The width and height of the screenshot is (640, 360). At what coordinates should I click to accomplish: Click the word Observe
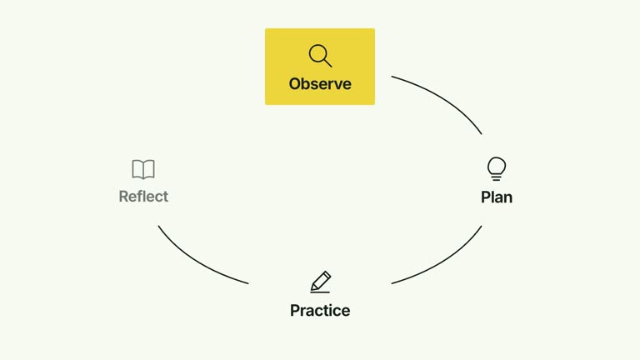click(x=320, y=83)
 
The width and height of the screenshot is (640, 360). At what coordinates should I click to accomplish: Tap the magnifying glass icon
click(x=320, y=56)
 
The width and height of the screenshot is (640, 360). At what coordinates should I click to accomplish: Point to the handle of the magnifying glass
click(x=327, y=62)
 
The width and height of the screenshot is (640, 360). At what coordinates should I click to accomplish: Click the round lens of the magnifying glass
click(x=317, y=53)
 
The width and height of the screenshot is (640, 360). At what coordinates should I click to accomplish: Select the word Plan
click(x=497, y=197)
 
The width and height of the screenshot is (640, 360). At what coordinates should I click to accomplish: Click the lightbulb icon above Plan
click(x=497, y=168)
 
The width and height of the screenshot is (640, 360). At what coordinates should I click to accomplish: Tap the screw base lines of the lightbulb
click(x=497, y=177)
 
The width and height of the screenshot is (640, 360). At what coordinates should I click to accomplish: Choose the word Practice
click(x=320, y=311)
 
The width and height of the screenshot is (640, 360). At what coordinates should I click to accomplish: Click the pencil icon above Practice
click(x=320, y=282)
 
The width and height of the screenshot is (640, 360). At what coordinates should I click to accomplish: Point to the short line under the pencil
click(x=320, y=292)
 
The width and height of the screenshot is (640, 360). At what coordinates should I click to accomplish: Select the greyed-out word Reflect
click(x=143, y=197)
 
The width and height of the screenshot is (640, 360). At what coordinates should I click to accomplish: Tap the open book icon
click(x=143, y=169)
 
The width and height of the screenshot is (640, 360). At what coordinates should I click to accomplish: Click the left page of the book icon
click(x=137, y=169)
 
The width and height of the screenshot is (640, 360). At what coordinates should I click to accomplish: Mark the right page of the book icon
click(x=149, y=169)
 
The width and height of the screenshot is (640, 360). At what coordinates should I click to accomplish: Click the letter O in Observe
click(x=295, y=84)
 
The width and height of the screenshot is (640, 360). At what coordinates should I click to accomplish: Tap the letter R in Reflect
click(x=123, y=197)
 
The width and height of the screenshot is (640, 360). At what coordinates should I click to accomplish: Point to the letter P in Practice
click(x=295, y=311)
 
